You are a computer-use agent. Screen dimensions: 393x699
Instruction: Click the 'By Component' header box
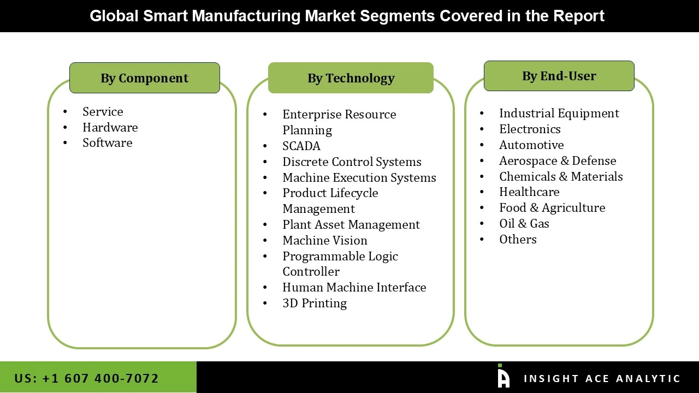point(144,78)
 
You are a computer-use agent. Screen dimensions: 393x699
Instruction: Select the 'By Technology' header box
point(351,78)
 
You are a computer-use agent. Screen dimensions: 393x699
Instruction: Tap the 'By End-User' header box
point(559,76)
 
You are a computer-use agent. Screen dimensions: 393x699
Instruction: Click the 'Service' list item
point(103,111)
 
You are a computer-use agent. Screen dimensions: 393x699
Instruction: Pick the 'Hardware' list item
point(110,127)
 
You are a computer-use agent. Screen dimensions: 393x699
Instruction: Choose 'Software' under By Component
point(107,142)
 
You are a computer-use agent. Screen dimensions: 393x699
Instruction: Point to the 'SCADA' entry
point(301,146)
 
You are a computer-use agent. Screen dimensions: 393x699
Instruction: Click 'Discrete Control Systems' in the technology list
point(352,162)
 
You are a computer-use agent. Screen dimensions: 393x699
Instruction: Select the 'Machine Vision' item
point(324,240)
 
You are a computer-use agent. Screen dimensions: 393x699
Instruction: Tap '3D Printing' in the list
point(314,303)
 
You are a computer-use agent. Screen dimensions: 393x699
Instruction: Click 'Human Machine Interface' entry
point(354,287)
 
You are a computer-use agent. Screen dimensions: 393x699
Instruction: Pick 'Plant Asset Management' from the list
point(351,224)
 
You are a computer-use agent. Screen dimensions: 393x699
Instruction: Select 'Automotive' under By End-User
point(531,145)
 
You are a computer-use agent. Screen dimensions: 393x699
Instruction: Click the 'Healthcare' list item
point(529,192)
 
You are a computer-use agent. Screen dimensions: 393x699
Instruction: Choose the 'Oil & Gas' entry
point(524,223)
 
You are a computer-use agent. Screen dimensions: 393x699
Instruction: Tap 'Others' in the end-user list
point(517,239)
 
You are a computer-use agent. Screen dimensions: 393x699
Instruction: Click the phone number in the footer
point(86,378)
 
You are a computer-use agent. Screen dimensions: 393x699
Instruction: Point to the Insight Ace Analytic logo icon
point(503,377)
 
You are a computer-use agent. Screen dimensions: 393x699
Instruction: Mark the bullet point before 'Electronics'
point(482,129)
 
